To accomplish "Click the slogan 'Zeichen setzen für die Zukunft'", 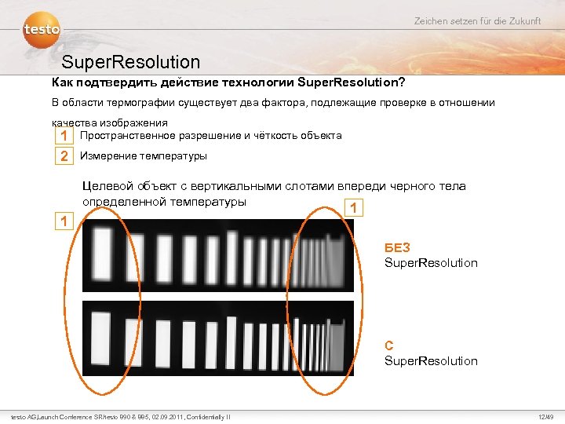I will (477, 20).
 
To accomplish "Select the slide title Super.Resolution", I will (130, 61).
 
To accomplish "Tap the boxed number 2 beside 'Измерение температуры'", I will (64, 156).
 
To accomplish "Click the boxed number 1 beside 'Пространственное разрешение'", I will (64, 136).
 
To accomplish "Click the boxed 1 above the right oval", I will (355, 208).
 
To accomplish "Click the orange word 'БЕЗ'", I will (397, 248).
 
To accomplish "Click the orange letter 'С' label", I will (389, 346).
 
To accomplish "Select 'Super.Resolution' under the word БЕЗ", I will (431, 263).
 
